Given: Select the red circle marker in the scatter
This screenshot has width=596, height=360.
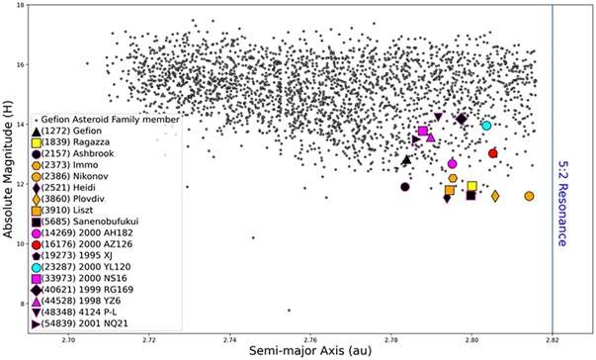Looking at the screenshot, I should (x=493, y=153).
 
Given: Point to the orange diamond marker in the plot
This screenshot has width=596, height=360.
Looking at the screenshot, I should (x=495, y=196).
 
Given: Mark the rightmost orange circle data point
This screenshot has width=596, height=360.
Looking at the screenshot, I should (x=529, y=196).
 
